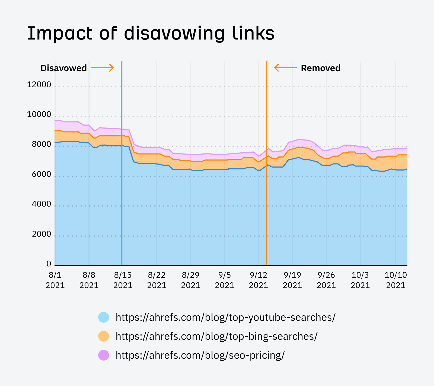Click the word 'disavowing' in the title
174,34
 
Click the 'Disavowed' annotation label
63,68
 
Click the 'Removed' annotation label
320,68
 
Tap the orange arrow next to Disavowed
102,68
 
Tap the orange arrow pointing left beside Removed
285,68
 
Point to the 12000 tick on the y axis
39,85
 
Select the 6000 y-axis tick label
41,174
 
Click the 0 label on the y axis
49,264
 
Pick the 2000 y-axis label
41,234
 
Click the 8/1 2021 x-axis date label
55,280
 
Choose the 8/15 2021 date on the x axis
123,280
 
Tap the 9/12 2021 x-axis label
258,280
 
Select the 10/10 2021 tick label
395,280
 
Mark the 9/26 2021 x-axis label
326,280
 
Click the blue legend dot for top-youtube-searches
104,317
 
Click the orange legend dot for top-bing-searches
104,336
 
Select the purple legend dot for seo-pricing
104,355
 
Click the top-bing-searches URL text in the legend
216,336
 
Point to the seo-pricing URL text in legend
200,355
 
